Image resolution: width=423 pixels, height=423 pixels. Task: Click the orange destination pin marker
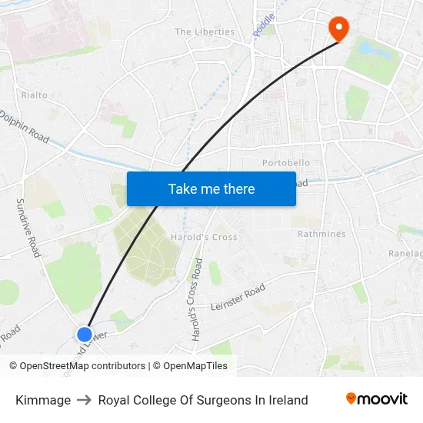[338, 28]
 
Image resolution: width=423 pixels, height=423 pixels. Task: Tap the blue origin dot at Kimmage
[85, 335]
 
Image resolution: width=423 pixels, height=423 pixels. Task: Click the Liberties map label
[205, 32]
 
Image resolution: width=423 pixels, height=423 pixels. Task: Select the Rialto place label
[35, 95]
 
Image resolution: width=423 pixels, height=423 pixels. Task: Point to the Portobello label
[286, 163]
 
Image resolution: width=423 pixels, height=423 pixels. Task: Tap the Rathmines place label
[321, 234]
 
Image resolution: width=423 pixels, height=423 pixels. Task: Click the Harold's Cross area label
[204, 237]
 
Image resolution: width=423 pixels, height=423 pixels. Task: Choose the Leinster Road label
[238, 297]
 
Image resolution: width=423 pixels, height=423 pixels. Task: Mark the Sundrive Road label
[28, 227]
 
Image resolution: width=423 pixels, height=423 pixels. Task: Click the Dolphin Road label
[25, 125]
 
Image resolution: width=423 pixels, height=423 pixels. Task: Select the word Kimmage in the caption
[43, 400]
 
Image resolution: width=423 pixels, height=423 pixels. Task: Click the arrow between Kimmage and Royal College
[85, 400]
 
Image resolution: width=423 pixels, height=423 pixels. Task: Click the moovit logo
[377, 398]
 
